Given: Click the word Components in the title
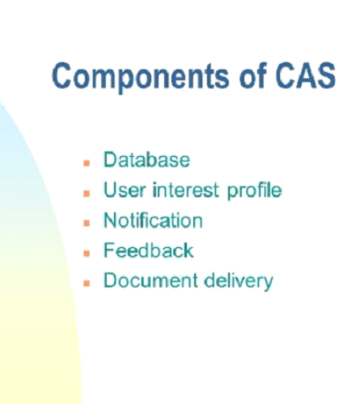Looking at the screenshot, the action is pyautogui.click(x=140, y=77).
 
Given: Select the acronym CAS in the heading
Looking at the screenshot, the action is pyautogui.click(x=306, y=75).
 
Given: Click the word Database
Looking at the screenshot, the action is pyautogui.click(x=146, y=160).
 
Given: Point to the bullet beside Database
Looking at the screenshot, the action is pyautogui.click(x=87, y=163).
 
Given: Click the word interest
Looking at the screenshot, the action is pyautogui.click(x=185, y=190).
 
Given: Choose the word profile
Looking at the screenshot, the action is pyautogui.click(x=254, y=191).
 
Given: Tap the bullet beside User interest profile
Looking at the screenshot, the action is pyautogui.click(x=87, y=193).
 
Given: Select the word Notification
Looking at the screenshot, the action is pyautogui.click(x=153, y=220).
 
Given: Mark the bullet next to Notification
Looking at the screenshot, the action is pyautogui.click(x=87, y=223).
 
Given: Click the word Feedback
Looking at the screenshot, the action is pyautogui.click(x=149, y=250).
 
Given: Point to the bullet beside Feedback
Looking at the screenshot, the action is pyautogui.click(x=87, y=254).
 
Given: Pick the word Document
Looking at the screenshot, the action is pyautogui.click(x=150, y=280).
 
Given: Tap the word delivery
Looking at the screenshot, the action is pyautogui.click(x=239, y=282).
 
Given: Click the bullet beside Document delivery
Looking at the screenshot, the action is pyautogui.click(x=87, y=284).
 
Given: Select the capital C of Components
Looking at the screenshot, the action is pyautogui.click(x=61, y=75).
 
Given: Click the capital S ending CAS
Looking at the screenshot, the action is pyautogui.click(x=326, y=75).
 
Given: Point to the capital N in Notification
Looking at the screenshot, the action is pyautogui.click(x=111, y=221).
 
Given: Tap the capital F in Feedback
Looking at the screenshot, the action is pyautogui.click(x=109, y=250).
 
